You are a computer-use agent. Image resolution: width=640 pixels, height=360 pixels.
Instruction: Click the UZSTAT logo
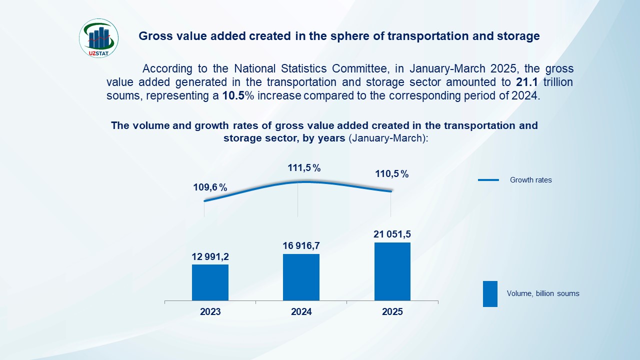tap(99, 38)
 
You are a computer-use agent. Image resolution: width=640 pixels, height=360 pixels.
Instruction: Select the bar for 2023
tap(210, 282)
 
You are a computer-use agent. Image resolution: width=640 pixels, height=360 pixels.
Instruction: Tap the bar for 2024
tap(301, 277)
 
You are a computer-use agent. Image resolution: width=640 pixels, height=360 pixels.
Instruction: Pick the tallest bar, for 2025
tap(392, 271)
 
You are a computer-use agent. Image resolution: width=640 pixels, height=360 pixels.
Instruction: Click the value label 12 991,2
tap(210, 256)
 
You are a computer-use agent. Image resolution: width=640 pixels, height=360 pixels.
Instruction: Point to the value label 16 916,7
tap(301, 245)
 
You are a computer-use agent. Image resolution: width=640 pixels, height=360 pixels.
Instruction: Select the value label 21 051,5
tap(392, 234)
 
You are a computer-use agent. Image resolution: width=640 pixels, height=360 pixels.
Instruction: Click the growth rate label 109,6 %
tap(210, 188)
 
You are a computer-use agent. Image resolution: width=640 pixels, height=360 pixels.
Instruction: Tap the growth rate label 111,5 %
tap(304, 168)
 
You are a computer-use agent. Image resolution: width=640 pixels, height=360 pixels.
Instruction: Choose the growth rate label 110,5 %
tap(392, 174)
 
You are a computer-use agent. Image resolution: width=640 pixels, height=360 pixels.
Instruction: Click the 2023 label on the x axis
tap(210, 312)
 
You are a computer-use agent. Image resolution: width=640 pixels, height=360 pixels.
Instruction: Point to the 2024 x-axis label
tap(301, 312)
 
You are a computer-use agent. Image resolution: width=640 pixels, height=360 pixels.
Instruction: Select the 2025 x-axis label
tap(392, 312)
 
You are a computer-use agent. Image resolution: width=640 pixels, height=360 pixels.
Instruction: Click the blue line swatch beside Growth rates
tap(488, 180)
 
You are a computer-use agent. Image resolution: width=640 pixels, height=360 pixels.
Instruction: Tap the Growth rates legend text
tap(530, 180)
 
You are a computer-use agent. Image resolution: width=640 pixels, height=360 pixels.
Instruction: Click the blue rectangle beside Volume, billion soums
tap(490, 293)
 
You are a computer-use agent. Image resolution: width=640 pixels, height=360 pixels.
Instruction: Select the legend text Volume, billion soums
tap(543, 293)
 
